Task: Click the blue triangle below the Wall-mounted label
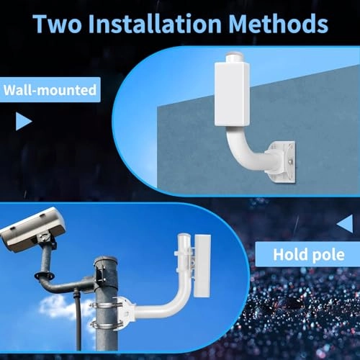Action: [x=23, y=121]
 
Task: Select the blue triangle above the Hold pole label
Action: [x=345, y=224]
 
